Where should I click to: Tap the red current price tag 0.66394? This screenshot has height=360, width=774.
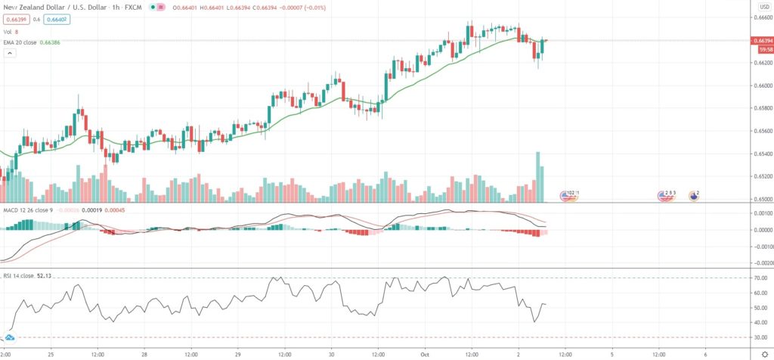pyautogui.click(x=760, y=40)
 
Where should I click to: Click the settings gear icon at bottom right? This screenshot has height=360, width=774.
pyautogui.click(x=763, y=353)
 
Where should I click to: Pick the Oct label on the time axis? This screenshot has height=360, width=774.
pyautogui.click(x=424, y=352)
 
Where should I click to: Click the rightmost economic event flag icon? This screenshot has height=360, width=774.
pyautogui.click(x=693, y=195)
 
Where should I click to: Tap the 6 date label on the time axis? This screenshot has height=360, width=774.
pyautogui.click(x=704, y=352)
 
